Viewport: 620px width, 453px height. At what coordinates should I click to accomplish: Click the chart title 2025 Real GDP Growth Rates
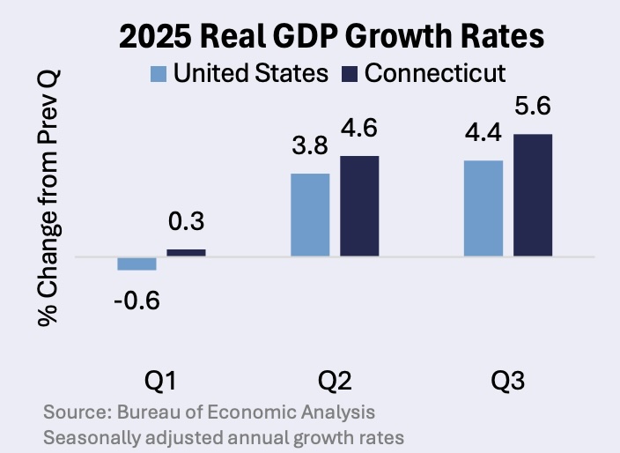click(332, 38)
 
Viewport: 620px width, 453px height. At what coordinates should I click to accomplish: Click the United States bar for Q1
click(137, 264)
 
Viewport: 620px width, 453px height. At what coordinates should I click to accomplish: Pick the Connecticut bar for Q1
click(186, 253)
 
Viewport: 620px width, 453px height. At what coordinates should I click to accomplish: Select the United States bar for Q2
click(310, 215)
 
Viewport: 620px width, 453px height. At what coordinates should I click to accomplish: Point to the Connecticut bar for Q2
click(359, 206)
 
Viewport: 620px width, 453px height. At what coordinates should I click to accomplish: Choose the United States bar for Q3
click(483, 209)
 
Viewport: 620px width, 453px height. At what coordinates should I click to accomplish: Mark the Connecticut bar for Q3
click(532, 196)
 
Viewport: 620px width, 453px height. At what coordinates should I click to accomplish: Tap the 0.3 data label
click(186, 227)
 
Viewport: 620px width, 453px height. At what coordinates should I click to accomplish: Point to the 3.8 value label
click(310, 151)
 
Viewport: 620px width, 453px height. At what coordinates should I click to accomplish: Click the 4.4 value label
click(483, 137)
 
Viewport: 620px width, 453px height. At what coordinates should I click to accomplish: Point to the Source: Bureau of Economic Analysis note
click(209, 412)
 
